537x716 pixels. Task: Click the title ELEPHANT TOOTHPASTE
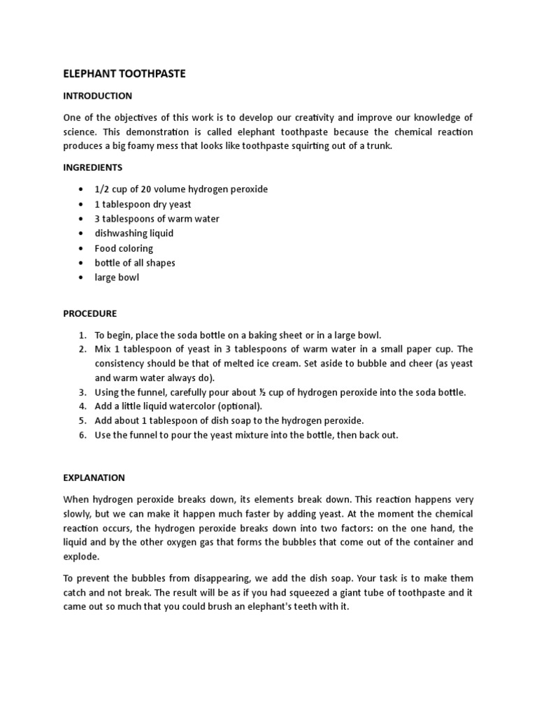pos(124,73)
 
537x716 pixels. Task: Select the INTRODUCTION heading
pos(97,95)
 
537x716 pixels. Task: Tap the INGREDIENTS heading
pos(93,167)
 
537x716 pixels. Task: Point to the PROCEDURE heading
pos(90,313)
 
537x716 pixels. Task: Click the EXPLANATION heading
pos(94,478)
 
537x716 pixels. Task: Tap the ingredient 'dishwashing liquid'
pos(134,233)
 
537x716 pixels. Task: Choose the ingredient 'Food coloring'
pos(124,248)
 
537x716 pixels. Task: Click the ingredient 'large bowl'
pos(117,278)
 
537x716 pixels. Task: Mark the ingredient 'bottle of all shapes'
pos(135,263)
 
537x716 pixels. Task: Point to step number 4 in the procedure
pos(81,406)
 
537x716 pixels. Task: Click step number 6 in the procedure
pos(81,435)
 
